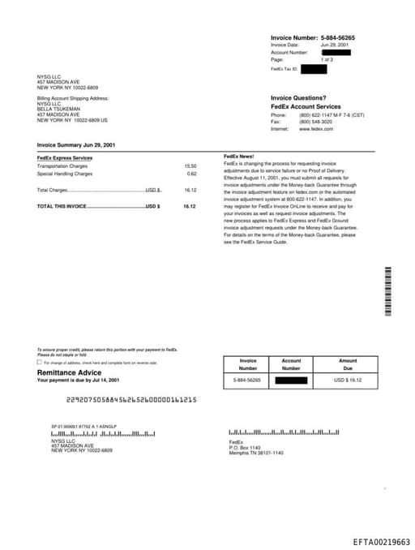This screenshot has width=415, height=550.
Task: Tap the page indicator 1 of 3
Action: (x=327, y=59)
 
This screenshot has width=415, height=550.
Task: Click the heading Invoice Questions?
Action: (x=298, y=98)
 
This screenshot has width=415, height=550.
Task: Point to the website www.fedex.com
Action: (x=315, y=129)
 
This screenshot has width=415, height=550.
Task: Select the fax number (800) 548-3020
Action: (x=315, y=122)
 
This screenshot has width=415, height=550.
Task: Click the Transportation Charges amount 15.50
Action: (x=190, y=166)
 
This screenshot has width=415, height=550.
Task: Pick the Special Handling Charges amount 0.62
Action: (x=192, y=174)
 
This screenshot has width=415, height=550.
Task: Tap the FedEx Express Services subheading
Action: (x=65, y=157)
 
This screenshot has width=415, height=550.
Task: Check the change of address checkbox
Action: (x=40, y=363)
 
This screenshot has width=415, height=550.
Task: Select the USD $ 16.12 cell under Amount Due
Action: (x=348, y=380)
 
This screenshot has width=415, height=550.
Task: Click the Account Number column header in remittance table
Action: (x=291, y=364)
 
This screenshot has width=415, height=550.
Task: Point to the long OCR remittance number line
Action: (x=131, y=400)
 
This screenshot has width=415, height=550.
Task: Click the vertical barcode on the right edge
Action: (x=388, y=293)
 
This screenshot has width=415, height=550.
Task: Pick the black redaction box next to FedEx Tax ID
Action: (x=313, y=70)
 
